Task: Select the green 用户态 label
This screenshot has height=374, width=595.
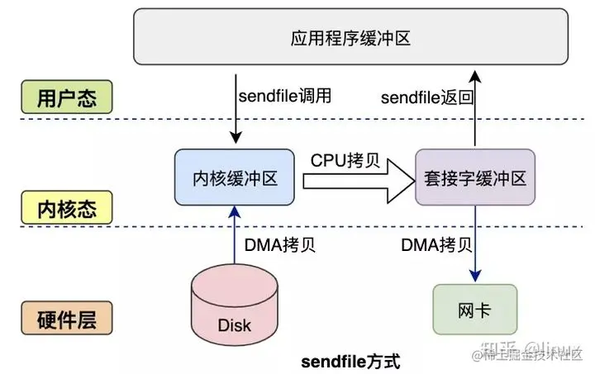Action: pyautogui.click(x=67, y=99)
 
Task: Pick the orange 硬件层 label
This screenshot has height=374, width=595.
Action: pyautogui.click(x=67, y=316)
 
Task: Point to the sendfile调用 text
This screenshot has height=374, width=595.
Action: pyautogui.click(x=284, y=95)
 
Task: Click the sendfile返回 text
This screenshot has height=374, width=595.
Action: pyautogui.click(x=426, y=97)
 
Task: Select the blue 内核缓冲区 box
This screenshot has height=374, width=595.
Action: pyautogui.click(x=235, y=178)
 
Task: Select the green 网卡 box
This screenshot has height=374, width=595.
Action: pyautogui.click(x=475, y=312)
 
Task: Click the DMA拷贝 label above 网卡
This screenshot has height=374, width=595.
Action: pyautogui.click(x=437, y=244)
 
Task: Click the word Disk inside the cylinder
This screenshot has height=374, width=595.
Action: pyautogui.click(x=235, y=324)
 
